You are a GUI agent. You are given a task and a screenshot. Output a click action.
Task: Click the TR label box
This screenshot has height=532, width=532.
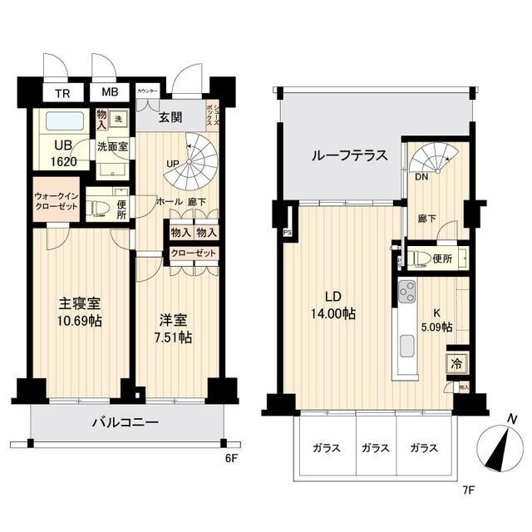62,93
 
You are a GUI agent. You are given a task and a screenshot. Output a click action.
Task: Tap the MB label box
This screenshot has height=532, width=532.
110,93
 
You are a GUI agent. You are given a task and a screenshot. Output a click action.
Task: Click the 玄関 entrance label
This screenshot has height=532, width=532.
171,117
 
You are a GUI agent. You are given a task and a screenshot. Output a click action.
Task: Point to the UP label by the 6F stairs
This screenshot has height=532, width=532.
172,162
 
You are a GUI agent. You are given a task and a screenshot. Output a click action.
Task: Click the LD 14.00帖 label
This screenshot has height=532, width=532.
333,305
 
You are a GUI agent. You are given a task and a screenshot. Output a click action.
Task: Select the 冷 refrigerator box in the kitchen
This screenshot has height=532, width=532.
456,362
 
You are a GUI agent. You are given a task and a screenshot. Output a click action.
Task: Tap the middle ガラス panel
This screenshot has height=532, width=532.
375,447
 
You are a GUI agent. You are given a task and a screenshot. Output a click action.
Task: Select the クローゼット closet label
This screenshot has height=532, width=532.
194,254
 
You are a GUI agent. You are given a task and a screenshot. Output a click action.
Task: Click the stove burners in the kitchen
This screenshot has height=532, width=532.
406,292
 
